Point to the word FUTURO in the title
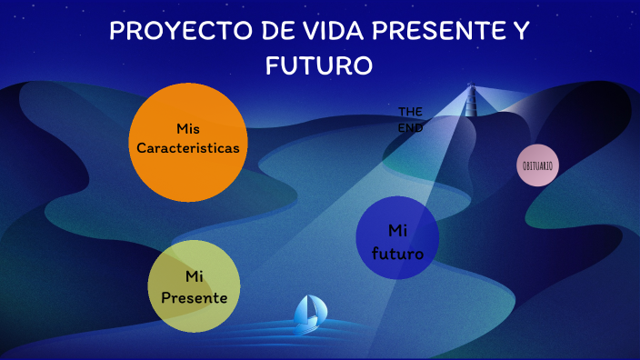click(x=319, y=65)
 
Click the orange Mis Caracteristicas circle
click(x=188, y=141)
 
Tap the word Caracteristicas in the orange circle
click(x=188, y=147)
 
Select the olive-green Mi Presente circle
click(x=194, y=286)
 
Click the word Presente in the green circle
click(x=194, y=297)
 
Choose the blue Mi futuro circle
click(x=397, y=238)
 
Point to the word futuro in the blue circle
click(x=397, y=254)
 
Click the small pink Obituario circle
click(x=538, y=165)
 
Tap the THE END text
click(x=411, y=119)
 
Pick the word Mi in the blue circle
click(x=397, y=229)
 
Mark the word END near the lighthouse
click(x=411, y=128)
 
